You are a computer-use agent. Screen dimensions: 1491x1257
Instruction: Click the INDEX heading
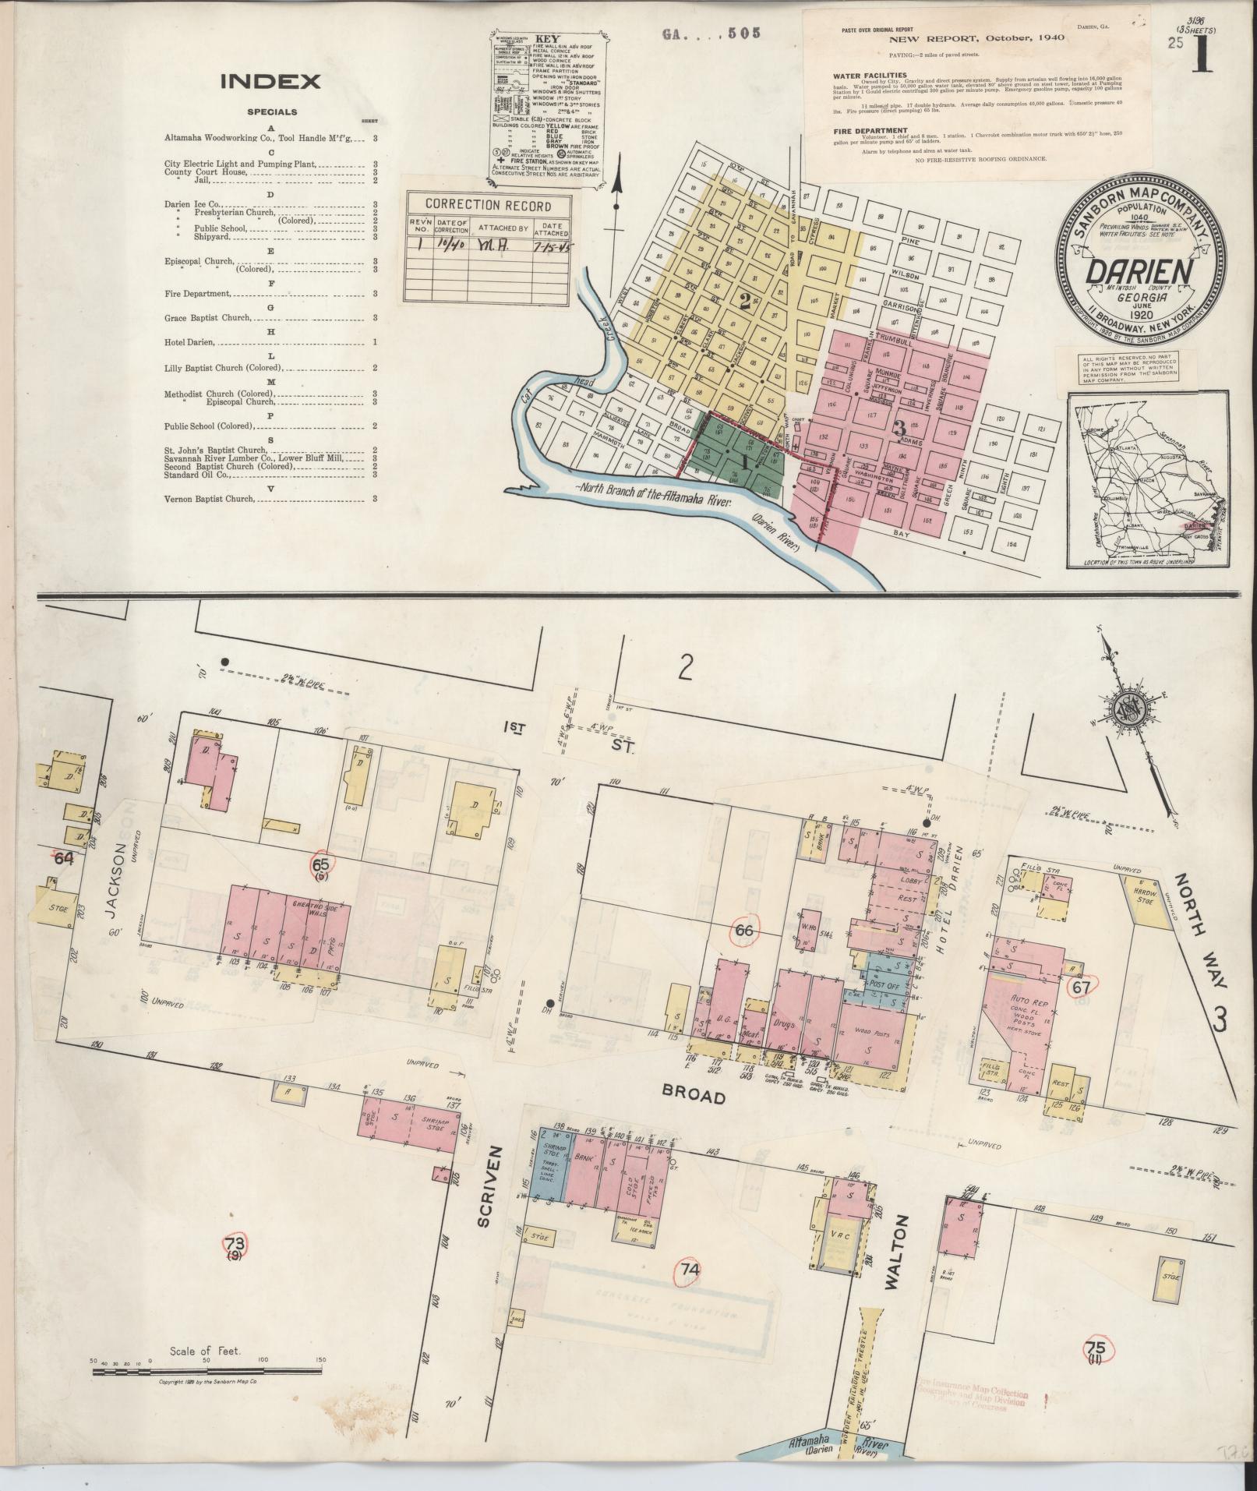[270, 82]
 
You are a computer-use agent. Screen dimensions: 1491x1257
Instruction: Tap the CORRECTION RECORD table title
[488, 206]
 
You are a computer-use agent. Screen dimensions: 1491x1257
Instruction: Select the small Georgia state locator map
[1139, 480]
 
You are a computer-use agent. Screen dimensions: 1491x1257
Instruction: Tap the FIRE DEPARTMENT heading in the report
[869, 130]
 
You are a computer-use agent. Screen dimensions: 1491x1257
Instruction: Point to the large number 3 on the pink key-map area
[899, 427]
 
